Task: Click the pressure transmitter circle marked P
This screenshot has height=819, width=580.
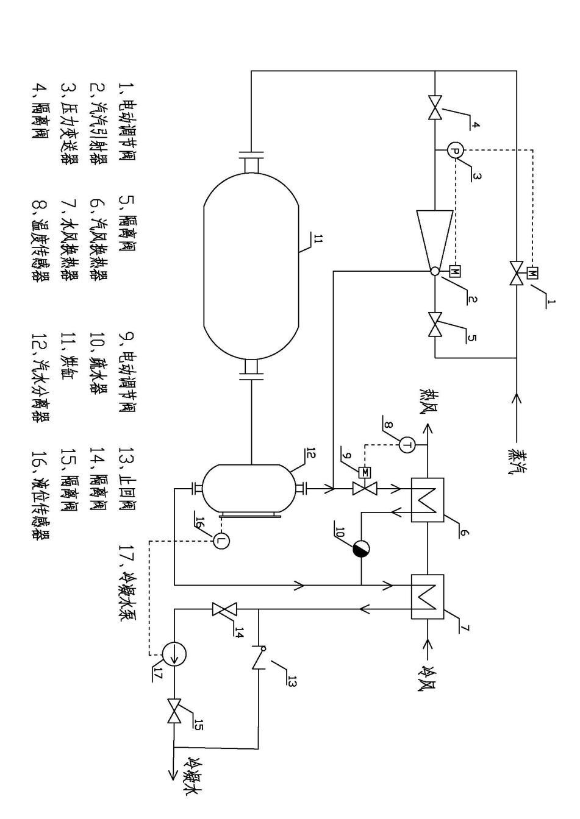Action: [455, 150]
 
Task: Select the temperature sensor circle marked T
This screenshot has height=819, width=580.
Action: [407, 445]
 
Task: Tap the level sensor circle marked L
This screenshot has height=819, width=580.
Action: [221, 540]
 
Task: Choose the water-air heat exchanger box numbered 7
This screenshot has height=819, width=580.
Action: [428, 596]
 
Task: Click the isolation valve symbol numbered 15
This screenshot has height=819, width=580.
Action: [174, 711]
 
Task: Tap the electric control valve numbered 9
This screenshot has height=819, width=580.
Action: [365, 488]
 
